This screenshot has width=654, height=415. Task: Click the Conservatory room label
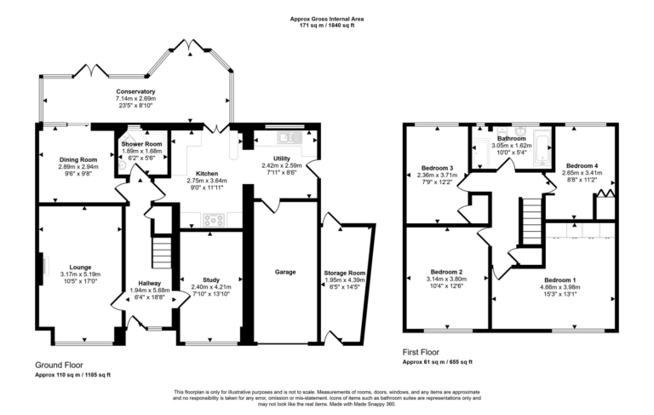[x=135, y=91]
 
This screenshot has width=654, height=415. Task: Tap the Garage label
[x=285, y=272]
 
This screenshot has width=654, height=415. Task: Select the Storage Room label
[x=345, y=273]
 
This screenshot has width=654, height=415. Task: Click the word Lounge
[x=80, y=267]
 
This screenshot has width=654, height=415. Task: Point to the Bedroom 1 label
[x=561, y=280]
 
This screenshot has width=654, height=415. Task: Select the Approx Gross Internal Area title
[x=327, y=17]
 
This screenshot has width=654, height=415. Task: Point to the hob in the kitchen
[x=215, y=220]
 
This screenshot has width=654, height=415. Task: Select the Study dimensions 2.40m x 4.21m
[x=211, y=286]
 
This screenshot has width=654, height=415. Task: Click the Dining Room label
[x=77, y=159]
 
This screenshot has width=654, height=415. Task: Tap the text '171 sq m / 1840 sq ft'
[x=327, y=25]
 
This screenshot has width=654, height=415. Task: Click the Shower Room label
[x=141, y=144]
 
